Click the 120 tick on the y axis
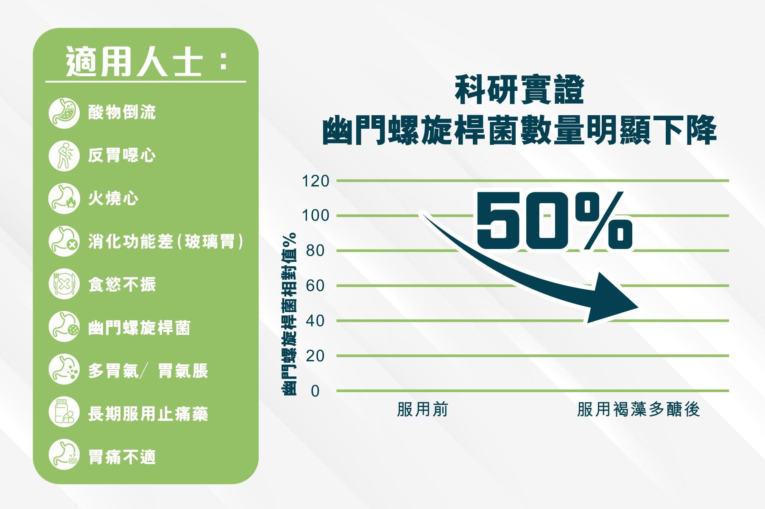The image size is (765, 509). point(315,181)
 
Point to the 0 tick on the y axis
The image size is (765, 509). point(315,391)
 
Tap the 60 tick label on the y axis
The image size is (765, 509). point(315,286)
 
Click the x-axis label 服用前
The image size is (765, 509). point(422,409)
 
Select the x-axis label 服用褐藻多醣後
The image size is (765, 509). point(638,409)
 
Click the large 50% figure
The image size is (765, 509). point(555,221)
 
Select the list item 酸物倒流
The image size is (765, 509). point(122,113)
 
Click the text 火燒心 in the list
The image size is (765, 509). point(113,198)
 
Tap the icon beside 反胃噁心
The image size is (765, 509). point(64,156)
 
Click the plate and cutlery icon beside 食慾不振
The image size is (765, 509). point(64,284)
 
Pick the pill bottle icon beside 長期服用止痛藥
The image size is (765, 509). point(64,413)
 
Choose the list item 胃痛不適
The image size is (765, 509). point(122,457)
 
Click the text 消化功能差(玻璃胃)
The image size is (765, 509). point(166,241)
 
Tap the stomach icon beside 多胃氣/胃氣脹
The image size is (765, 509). point(64,370)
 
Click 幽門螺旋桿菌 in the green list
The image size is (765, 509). point(139,327)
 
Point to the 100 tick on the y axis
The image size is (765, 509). point(315,216)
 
